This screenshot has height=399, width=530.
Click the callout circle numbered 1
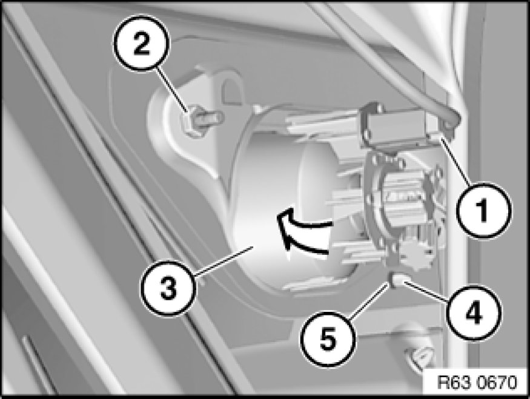484,211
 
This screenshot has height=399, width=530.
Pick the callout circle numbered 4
473,312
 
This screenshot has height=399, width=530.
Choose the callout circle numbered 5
328,339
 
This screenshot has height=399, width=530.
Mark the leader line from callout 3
224,260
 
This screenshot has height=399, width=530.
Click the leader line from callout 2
173,89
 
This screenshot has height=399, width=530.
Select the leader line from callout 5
369,299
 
